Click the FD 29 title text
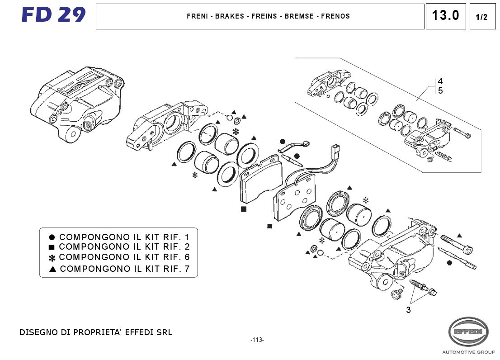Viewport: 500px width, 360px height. point(53,15)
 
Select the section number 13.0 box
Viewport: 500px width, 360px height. point(445,16)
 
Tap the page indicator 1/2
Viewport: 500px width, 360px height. point(482,17)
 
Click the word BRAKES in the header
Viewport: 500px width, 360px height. point(229,16)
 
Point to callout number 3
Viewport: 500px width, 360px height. point(408,310)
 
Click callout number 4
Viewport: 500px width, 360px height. point(440,81)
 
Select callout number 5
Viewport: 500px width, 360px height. point(440,90)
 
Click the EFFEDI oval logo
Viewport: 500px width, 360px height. point(468,332)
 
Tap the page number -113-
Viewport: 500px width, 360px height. point(257,340)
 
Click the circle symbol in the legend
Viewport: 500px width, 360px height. point(52,237)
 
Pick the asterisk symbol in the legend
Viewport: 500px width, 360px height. point(52,258)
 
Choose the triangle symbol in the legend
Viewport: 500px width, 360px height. point(52,269)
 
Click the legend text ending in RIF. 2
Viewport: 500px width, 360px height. point(124,247)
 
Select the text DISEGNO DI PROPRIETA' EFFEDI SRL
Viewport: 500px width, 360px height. point(95,332)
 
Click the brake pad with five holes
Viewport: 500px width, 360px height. point(296,197)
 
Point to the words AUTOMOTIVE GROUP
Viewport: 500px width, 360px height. point(468,352)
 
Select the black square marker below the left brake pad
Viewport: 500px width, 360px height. point(244,209)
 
